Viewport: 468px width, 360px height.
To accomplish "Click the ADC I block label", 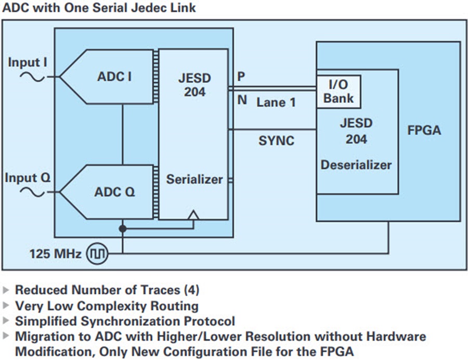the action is [114, 76].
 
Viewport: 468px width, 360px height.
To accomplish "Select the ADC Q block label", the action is [114, 191].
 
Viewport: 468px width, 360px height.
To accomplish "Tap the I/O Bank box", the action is [339, 92].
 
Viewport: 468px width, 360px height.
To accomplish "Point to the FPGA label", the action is [424, 131].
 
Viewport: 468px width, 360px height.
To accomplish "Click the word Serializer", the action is [194, 179].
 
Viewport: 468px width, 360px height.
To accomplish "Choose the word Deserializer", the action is [356, 165].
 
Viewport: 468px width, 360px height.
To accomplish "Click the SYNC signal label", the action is [277, 140].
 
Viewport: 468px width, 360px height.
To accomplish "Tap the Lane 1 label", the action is [276, 102].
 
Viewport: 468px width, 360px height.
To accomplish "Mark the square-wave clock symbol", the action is [97, 254].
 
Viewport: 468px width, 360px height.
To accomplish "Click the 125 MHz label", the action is [56, 254].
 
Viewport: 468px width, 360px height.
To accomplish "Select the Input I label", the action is [28, 62].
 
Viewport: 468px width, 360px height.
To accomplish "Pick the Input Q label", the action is [28, 177].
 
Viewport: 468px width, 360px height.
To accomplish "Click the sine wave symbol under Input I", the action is [32, 77].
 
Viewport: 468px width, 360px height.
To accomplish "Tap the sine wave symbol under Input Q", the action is [32, 192].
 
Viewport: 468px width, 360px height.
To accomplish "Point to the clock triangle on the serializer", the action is [194, 215].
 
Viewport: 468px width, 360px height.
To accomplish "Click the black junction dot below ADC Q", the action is [122, 229].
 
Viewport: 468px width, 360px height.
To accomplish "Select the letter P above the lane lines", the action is [241, 76].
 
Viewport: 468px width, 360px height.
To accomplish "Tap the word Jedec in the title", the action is [149, 7].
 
